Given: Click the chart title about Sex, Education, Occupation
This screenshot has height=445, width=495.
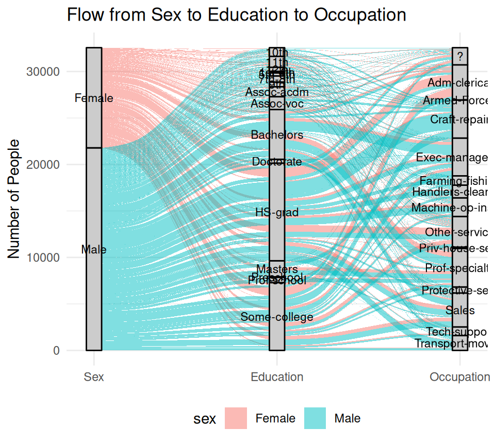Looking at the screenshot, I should [237, 15].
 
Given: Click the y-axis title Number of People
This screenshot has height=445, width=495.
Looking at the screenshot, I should [15, 199].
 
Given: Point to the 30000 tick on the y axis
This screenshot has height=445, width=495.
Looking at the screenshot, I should [42, 72].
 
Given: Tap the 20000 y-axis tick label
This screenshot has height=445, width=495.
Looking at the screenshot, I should [42, 164].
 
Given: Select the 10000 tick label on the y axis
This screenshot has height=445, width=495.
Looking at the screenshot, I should [42, 258].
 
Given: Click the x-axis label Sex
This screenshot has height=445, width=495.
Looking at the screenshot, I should [94, 377].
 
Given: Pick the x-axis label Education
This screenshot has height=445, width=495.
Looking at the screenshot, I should [277, 377].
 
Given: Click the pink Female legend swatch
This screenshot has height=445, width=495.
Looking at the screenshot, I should [236, 418].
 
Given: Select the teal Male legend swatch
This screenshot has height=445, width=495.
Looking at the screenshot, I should [315, 418].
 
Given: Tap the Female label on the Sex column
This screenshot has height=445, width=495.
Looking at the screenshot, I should [94, 98].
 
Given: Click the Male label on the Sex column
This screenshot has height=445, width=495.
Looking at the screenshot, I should [94, 250].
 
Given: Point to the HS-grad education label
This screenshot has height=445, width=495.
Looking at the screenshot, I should [277, 212].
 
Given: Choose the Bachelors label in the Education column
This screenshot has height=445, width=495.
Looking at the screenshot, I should [277, 135].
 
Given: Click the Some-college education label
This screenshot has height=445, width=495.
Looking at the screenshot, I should [277, 317].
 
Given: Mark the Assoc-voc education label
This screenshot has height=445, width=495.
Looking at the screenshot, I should [277, 104].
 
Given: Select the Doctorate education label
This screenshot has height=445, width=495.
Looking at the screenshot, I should [277, 162].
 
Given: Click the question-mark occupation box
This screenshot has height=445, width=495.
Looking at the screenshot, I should [460, 56].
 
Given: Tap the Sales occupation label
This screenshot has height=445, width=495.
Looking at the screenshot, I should [460, 311].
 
